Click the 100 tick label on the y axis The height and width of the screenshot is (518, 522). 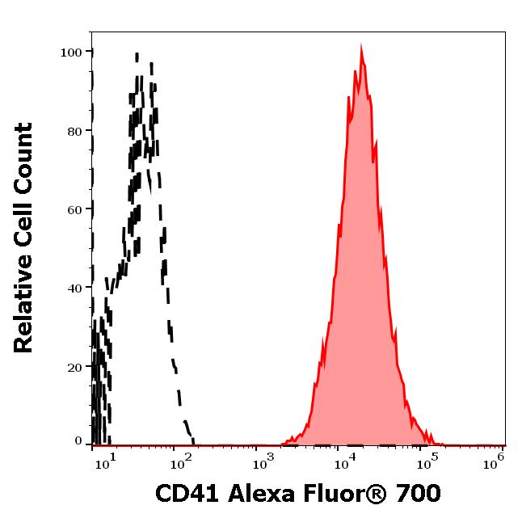(72, 52)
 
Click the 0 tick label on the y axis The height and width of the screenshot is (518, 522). (78, 441)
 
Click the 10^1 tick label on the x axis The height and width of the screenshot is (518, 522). (107, 461)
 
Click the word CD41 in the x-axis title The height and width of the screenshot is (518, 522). (184, 493)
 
